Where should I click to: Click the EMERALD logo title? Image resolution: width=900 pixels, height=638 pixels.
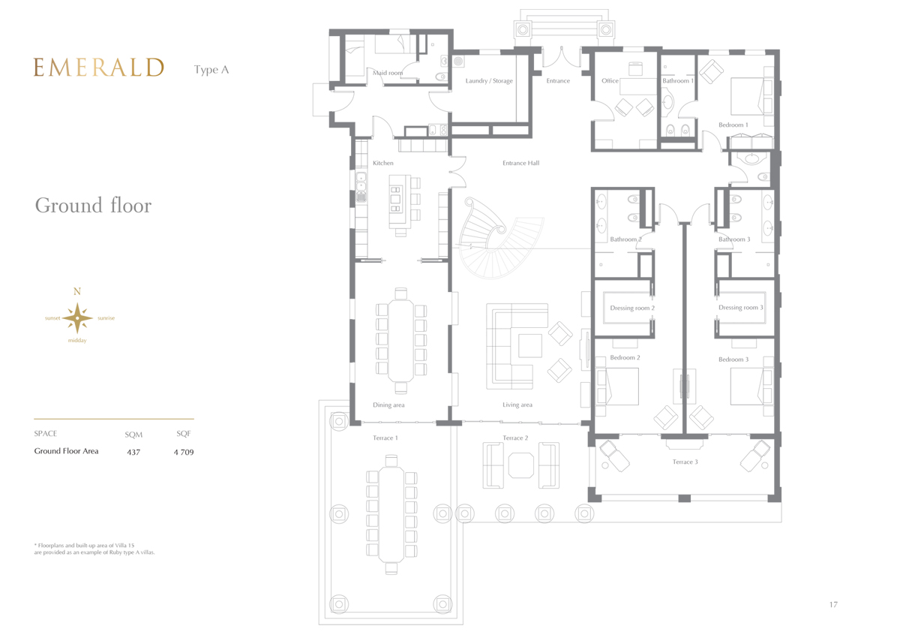98,67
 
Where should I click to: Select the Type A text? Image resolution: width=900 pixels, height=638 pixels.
211,70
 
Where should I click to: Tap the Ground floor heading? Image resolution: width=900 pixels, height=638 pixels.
93,206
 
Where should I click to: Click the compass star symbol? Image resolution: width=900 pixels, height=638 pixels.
77,318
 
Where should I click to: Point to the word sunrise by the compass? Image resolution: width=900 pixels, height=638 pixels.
106,318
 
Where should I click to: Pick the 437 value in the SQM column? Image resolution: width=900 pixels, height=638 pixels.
133,452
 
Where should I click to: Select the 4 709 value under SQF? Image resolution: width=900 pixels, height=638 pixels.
184,452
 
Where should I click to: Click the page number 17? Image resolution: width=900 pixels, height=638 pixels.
833,604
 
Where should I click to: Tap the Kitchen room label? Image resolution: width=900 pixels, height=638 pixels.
383,163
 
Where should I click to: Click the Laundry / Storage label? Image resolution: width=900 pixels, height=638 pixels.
489,81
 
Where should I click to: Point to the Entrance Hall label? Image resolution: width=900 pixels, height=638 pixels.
520,163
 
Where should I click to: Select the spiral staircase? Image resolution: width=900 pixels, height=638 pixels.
500,238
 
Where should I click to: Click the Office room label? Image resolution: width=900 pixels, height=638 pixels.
610,81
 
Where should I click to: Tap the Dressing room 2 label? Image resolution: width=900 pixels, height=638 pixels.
632,308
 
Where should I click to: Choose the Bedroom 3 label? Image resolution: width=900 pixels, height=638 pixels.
733,360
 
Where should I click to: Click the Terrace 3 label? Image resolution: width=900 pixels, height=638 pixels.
685,462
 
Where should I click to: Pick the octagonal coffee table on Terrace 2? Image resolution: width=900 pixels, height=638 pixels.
521,465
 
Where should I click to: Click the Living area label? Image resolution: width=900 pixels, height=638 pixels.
517,405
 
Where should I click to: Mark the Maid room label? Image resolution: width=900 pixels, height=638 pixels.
387,73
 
